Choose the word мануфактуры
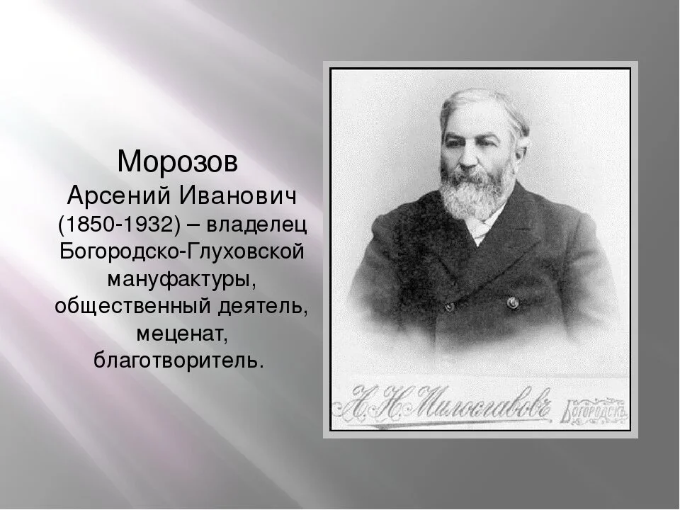(180, 278)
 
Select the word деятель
(262, 307)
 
